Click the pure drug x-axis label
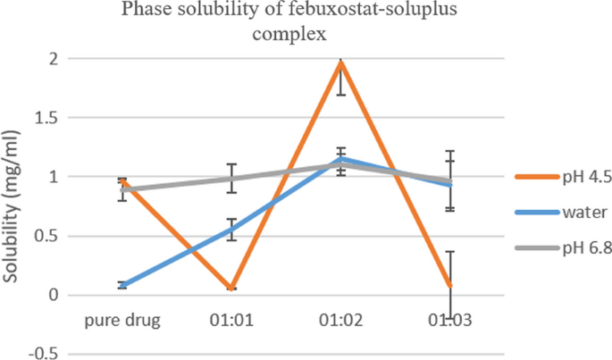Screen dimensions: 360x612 point(122,320)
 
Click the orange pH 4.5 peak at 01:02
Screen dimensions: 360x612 point(341,63)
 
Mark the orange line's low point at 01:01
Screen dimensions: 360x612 point(232,289)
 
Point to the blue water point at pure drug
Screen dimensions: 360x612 point(122,286)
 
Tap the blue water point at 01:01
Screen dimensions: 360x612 point(232,230)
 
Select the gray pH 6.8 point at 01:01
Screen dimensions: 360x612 point(232,179)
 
